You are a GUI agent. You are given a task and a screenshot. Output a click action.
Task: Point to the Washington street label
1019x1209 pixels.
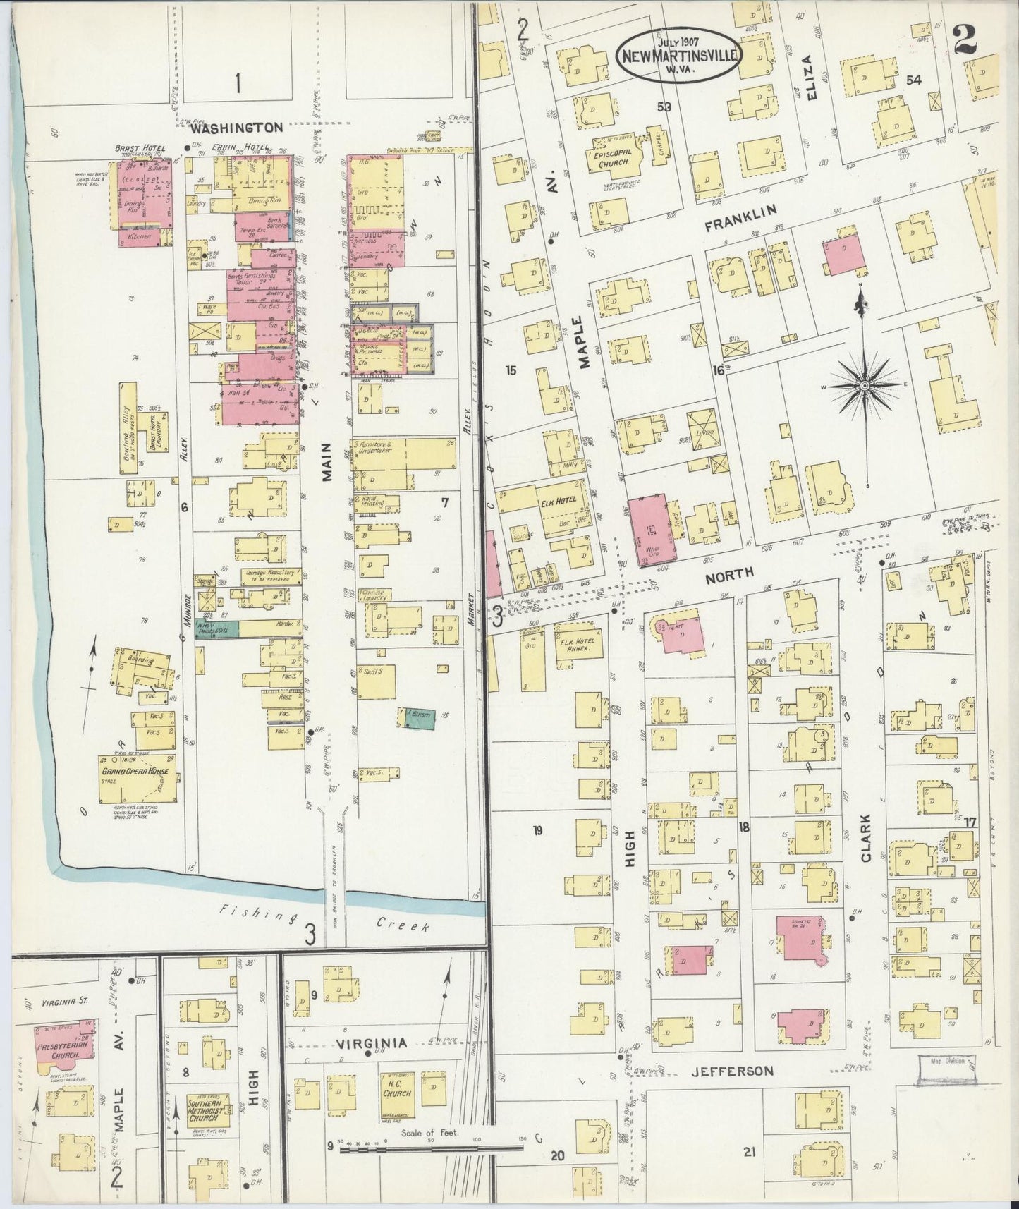tap(236, 128)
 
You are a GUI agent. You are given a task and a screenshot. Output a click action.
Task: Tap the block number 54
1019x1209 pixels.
tap(914, 80)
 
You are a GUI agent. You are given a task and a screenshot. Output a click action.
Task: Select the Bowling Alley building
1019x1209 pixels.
tap(129, 428)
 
